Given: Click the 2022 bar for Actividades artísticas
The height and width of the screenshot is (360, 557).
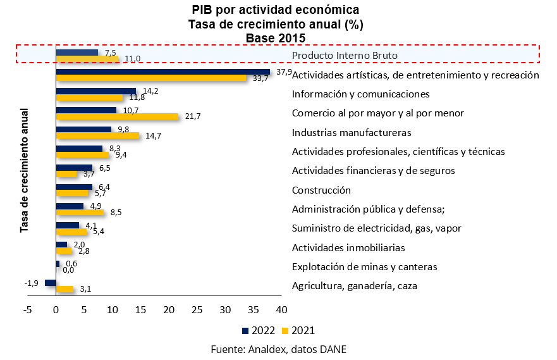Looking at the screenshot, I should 163,71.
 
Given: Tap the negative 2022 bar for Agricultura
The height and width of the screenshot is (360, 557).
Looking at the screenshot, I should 51,282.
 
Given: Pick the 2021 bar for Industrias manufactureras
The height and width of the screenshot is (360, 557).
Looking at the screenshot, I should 97,136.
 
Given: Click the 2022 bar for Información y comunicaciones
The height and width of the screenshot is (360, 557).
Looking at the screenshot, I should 96,90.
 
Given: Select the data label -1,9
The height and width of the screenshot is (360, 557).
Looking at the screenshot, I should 32,283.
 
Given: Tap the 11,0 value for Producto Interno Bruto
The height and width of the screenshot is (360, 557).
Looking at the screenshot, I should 132,59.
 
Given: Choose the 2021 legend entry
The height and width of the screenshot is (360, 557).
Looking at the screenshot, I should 298,330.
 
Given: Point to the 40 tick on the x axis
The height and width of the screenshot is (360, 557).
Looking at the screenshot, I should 282,310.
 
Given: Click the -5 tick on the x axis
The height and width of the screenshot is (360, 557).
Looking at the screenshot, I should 28,310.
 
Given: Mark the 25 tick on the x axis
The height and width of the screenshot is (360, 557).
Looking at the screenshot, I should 197,310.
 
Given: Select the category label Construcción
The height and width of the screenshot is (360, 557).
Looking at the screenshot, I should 321,190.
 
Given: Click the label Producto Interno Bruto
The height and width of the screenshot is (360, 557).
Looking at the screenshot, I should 345,56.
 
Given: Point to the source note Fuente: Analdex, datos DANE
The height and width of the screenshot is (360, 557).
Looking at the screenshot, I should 278,349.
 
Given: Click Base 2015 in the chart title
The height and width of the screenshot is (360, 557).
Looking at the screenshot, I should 276,37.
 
